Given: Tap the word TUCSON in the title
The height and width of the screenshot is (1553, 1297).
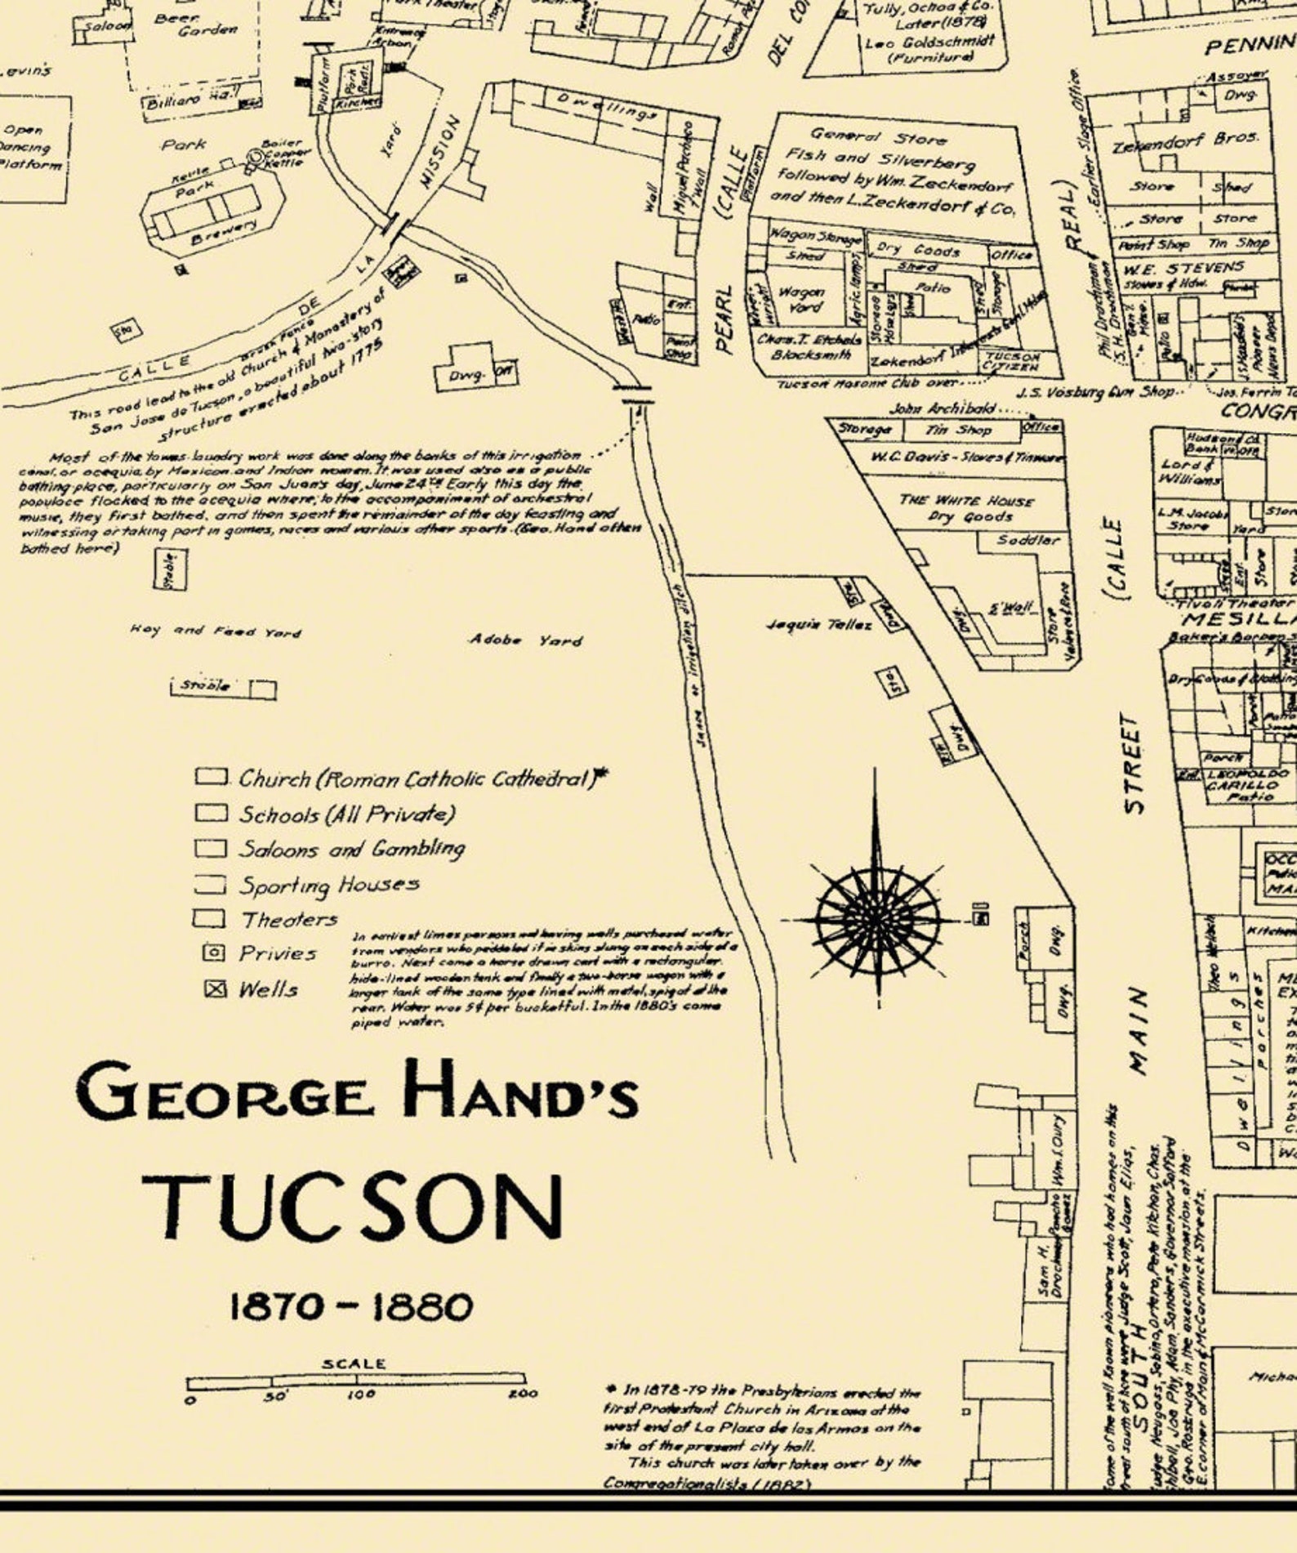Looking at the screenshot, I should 353,1207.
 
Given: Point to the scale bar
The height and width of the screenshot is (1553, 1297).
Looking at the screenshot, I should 356,1381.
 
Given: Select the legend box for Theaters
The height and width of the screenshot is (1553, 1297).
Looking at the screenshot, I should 209,918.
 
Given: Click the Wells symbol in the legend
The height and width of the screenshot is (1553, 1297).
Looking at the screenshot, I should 215,989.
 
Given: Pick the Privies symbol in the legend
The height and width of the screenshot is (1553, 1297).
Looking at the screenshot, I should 213,953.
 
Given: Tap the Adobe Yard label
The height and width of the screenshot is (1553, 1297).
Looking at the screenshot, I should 525,640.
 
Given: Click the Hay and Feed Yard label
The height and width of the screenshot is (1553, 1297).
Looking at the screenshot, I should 215,631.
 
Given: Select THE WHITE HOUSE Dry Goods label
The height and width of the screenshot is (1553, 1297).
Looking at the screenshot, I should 966,508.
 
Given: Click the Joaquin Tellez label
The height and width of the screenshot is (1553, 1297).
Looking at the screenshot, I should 819,625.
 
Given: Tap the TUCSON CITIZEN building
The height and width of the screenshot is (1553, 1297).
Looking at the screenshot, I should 1012,360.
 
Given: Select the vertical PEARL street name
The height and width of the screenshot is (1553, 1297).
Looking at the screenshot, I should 724,319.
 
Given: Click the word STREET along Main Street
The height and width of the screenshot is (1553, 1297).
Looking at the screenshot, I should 1134,764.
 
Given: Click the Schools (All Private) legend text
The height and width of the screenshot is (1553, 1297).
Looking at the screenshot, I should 346,814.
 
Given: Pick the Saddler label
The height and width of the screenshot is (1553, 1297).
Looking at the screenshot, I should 1028,540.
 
